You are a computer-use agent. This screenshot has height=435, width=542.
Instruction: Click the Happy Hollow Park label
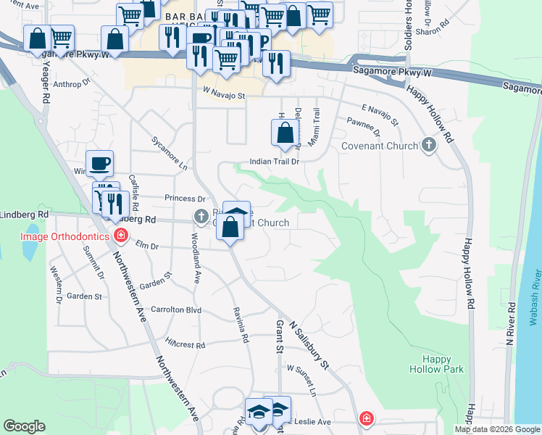442,364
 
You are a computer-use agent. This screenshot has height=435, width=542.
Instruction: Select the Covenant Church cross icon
429,146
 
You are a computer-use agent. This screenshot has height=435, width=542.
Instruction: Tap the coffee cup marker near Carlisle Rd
99,164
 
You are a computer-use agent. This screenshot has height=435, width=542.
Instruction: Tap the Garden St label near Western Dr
84,297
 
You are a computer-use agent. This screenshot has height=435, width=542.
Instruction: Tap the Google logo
25,426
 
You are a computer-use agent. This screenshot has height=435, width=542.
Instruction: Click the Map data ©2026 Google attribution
497,429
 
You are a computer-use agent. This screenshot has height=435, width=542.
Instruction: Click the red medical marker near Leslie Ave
367,418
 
